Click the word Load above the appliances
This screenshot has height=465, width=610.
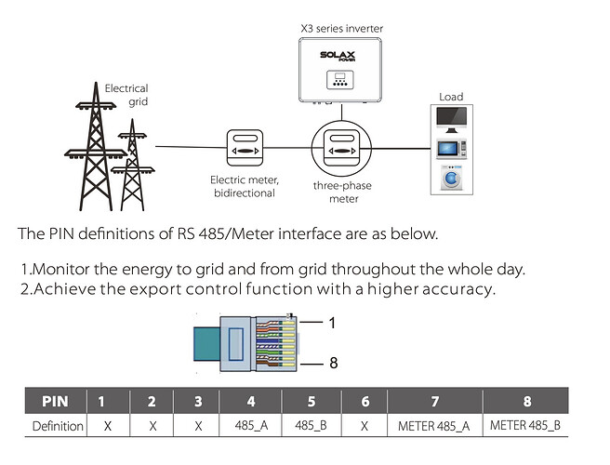click(x=451, y=96)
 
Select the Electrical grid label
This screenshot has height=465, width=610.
click(x=126, y=95)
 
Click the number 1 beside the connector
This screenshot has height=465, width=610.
click(x=332, y=322)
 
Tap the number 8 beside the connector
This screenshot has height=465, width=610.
click(x=333, y=363)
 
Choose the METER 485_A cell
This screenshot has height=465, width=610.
click(x=434, y=426)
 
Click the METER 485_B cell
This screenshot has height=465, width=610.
click(x=525, y=426)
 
